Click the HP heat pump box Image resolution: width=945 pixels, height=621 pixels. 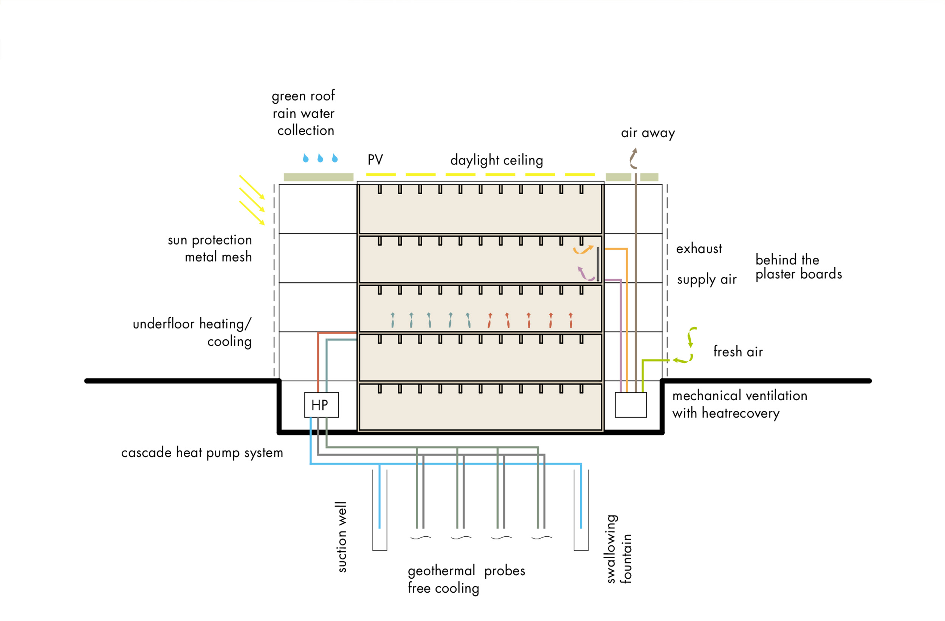321,405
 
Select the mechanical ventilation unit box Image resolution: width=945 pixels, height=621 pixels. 631,405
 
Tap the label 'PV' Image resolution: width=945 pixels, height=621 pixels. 375,160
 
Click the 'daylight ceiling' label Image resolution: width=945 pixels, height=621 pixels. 496,160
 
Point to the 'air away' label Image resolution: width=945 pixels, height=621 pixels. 648,133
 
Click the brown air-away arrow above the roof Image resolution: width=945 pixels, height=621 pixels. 633,158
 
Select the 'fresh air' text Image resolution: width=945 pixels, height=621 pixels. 738,352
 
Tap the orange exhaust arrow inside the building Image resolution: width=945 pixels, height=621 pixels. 583,250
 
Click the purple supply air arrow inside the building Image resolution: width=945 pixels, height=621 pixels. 585,274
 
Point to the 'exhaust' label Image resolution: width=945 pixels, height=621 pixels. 699,249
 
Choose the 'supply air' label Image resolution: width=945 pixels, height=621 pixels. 707,280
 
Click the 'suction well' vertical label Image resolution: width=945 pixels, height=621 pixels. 341,537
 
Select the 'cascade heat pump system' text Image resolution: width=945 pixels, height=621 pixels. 202,453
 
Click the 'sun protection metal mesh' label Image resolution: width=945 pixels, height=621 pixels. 210,249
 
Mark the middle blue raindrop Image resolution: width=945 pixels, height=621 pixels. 321,158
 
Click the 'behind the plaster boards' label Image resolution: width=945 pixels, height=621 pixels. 798,267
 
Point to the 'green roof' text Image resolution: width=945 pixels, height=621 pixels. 303,96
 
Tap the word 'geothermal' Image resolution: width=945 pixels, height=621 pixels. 441,571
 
